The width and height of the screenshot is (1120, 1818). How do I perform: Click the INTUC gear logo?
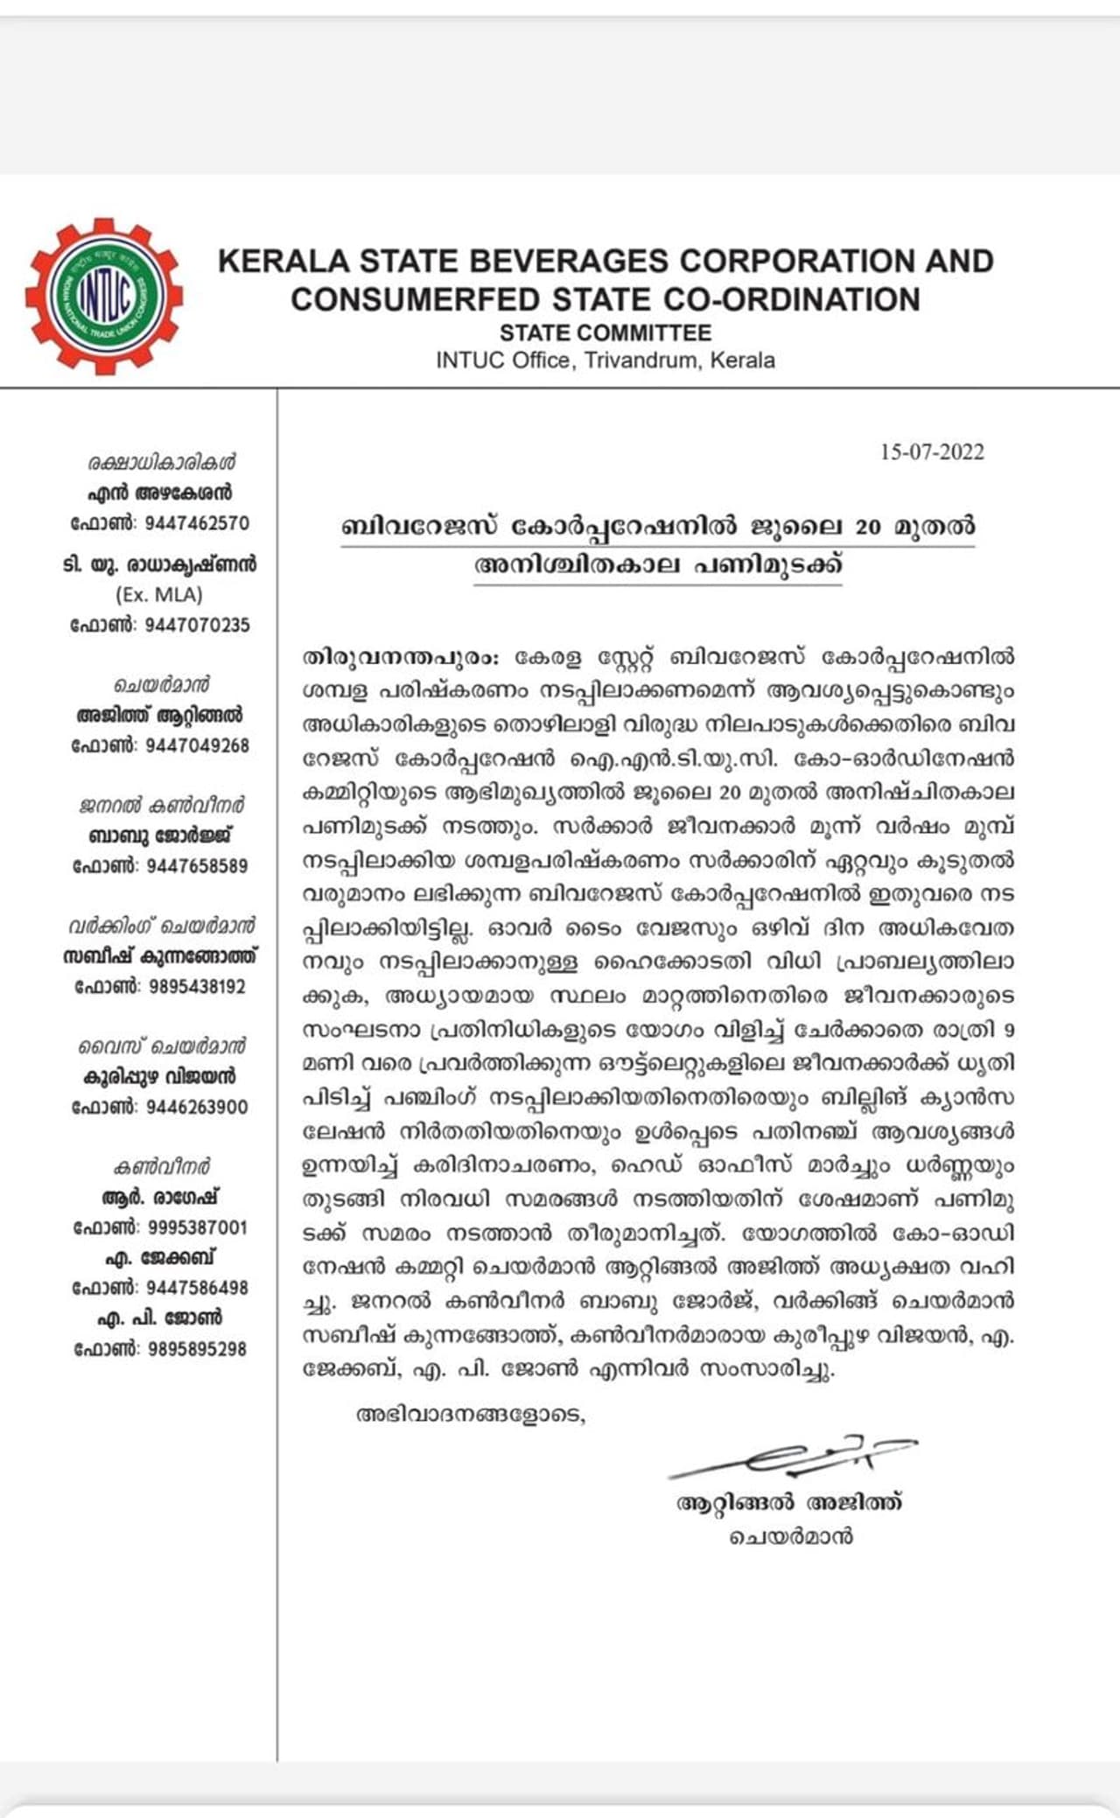point(104,296)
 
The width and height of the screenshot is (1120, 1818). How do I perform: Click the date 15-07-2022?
point(932,452)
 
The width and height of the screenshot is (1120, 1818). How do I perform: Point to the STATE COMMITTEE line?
point(605,333)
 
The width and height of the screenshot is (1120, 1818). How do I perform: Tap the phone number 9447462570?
point(197,524)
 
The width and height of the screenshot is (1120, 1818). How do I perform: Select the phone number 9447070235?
point(197,626)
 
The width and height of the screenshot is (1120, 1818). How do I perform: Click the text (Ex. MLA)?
point(159,595)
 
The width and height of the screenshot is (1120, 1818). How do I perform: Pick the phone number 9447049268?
point(197,746)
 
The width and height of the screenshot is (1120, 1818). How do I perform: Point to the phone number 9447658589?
point(197,866)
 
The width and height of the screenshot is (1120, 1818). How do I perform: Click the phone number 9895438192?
point(197,987)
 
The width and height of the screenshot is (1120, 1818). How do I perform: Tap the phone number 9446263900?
point(197,1108)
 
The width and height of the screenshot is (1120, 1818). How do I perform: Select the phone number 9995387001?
point(197,1228)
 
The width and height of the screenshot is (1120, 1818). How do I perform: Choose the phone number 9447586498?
point(197,1289)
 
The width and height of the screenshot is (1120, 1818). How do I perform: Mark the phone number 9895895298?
point(197,1349)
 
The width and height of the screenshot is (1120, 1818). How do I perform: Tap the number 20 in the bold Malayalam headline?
point(868,528)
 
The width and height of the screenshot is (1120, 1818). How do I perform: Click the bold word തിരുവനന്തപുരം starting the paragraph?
point(399,657)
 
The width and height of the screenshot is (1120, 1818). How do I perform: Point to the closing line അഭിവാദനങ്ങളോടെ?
point(470,1415)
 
